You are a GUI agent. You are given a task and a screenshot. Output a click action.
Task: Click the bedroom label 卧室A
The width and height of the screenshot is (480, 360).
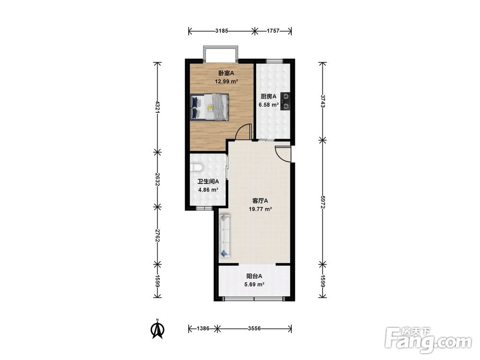[226, 73]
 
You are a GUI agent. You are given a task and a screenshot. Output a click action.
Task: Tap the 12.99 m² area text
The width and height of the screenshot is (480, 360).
[227, 82]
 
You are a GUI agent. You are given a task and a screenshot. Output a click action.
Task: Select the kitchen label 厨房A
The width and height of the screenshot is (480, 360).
[268, 96]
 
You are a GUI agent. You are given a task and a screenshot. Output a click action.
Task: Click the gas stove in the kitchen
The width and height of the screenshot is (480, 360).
[285, 101]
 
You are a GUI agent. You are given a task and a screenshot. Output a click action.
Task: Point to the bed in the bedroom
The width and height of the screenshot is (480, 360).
[209, 107]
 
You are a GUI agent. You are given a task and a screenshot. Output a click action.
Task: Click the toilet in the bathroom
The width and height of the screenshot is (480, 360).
[196, 168]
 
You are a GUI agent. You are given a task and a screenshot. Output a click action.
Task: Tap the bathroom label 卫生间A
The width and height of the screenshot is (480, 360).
[208, 181]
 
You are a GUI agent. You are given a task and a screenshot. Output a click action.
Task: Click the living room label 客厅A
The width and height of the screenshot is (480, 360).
[260, 201]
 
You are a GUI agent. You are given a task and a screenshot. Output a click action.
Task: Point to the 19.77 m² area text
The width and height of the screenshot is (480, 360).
[261, 209]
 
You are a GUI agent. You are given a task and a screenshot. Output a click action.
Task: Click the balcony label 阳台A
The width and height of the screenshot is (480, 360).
[254, 276]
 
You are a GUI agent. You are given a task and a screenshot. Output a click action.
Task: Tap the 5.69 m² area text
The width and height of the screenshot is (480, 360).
[254, 284]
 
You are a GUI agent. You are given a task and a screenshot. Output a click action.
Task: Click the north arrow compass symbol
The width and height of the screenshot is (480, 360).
[158, 329]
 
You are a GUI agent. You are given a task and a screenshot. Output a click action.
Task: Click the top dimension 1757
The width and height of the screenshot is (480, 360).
[273, 31]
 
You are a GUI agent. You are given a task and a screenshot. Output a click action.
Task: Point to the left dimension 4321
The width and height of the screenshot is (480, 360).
[157, 107]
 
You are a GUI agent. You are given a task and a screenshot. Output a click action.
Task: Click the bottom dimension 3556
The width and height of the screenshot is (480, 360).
[254, 328]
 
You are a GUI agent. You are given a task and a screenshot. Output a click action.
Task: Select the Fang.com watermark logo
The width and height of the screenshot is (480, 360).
[428, 340]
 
